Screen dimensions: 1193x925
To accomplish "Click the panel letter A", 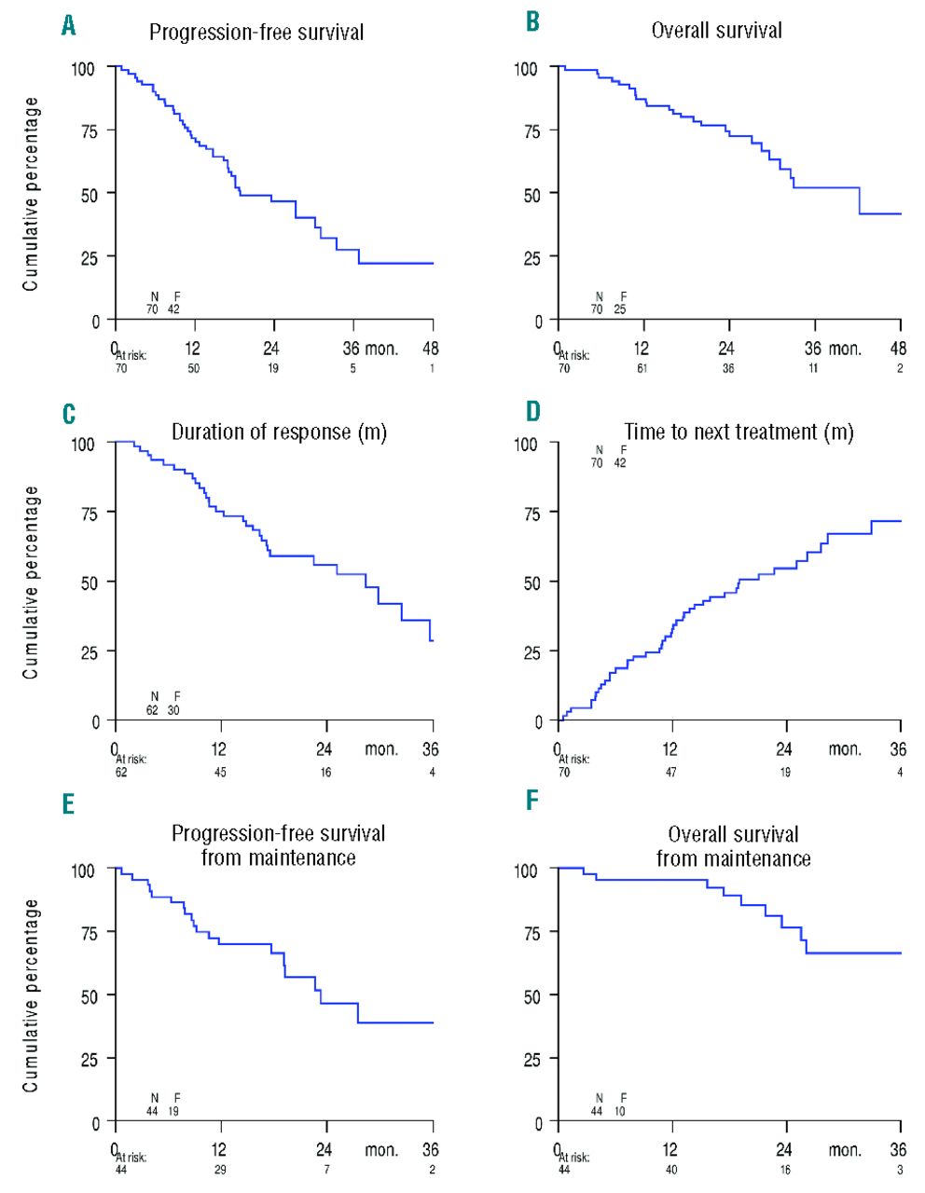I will coord(68,26).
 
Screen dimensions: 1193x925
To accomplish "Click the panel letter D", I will coord(533,411).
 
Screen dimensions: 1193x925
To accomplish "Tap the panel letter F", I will coord(532,801).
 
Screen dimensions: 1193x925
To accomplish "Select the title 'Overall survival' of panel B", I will coord(716,31).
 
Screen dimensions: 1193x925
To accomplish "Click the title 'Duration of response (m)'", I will coord(279,432).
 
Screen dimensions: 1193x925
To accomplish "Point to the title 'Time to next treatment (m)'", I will coord(739,432).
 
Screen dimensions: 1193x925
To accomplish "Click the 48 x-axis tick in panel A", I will coord(431,349).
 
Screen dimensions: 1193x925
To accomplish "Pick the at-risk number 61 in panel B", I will coord(642,368).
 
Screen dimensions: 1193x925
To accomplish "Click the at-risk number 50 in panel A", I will coord(193,368).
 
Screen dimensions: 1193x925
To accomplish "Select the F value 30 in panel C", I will coord(173,710).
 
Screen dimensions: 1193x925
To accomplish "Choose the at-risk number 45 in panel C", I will coord(220,772).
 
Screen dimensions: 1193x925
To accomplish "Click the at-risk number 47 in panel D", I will coord(670,772).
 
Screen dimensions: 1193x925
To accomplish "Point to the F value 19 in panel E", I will coord(173,1111).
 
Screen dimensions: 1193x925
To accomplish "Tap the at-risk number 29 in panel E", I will coord(220,1170).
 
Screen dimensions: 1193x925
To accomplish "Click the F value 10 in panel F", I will coord(620,1111).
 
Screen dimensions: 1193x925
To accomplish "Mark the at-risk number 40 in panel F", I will coord(670,1170).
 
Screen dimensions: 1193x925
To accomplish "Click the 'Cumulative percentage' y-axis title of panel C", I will coord(32,582).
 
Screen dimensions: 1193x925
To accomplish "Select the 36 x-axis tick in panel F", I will coord(897,1150).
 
